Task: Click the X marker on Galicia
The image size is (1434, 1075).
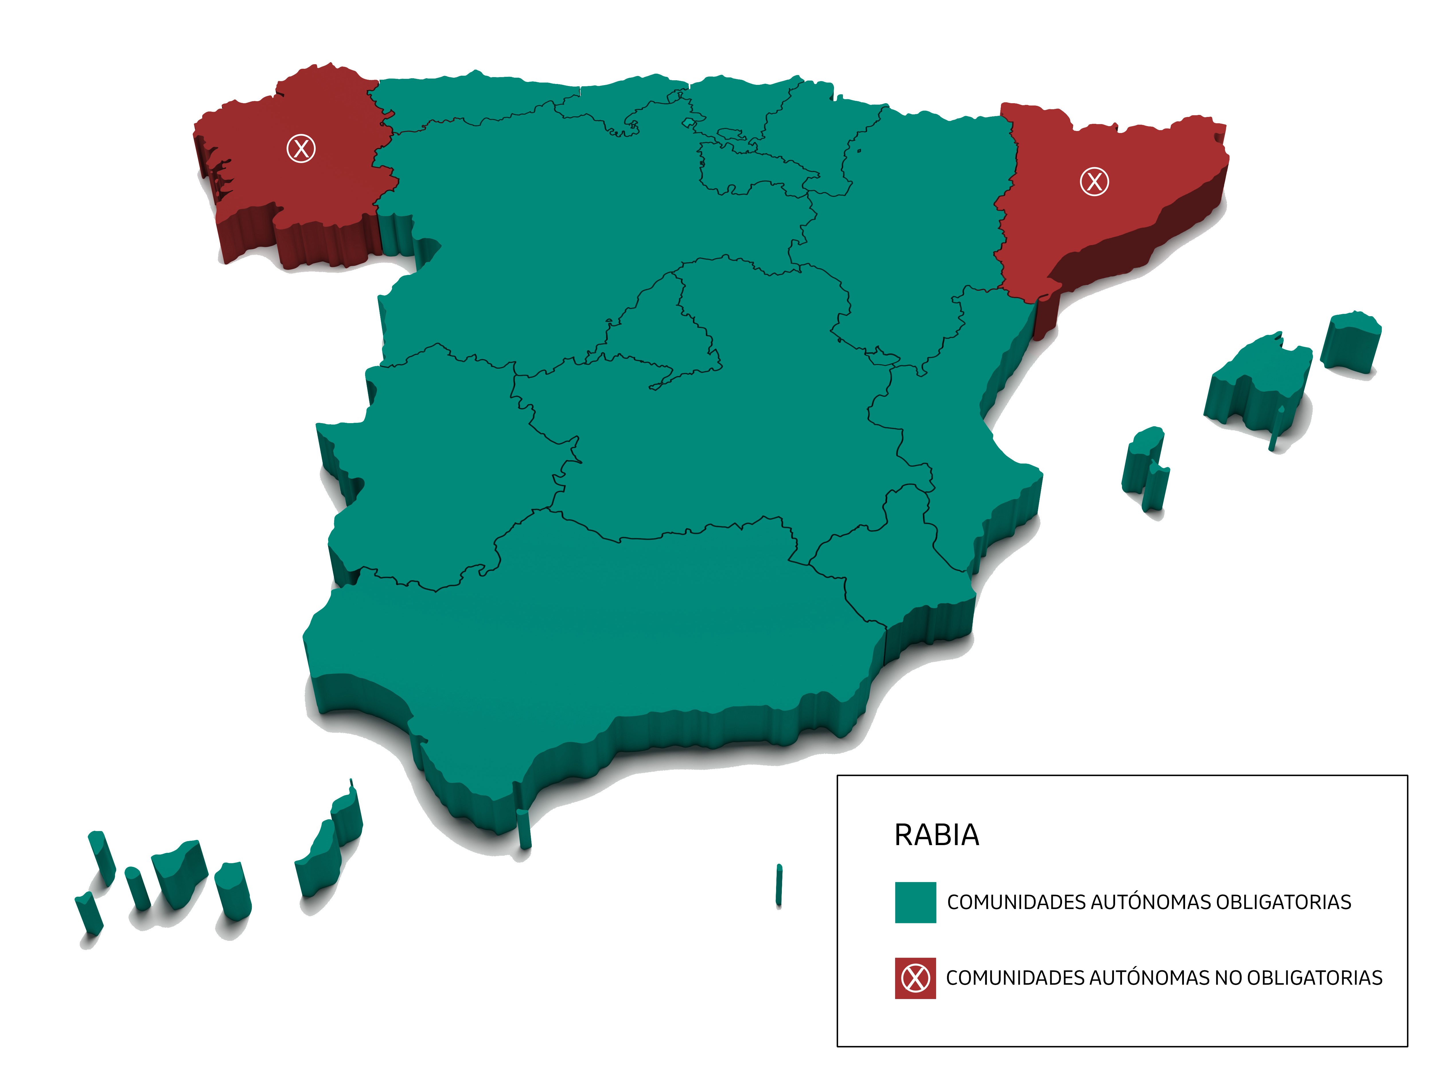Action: (x=301, y=148)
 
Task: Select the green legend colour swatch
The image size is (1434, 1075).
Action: (x=915, y=902)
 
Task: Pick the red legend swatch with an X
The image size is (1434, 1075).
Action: (x=915, y=978)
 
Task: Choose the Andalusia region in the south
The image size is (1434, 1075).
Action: (x=583, y=635)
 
